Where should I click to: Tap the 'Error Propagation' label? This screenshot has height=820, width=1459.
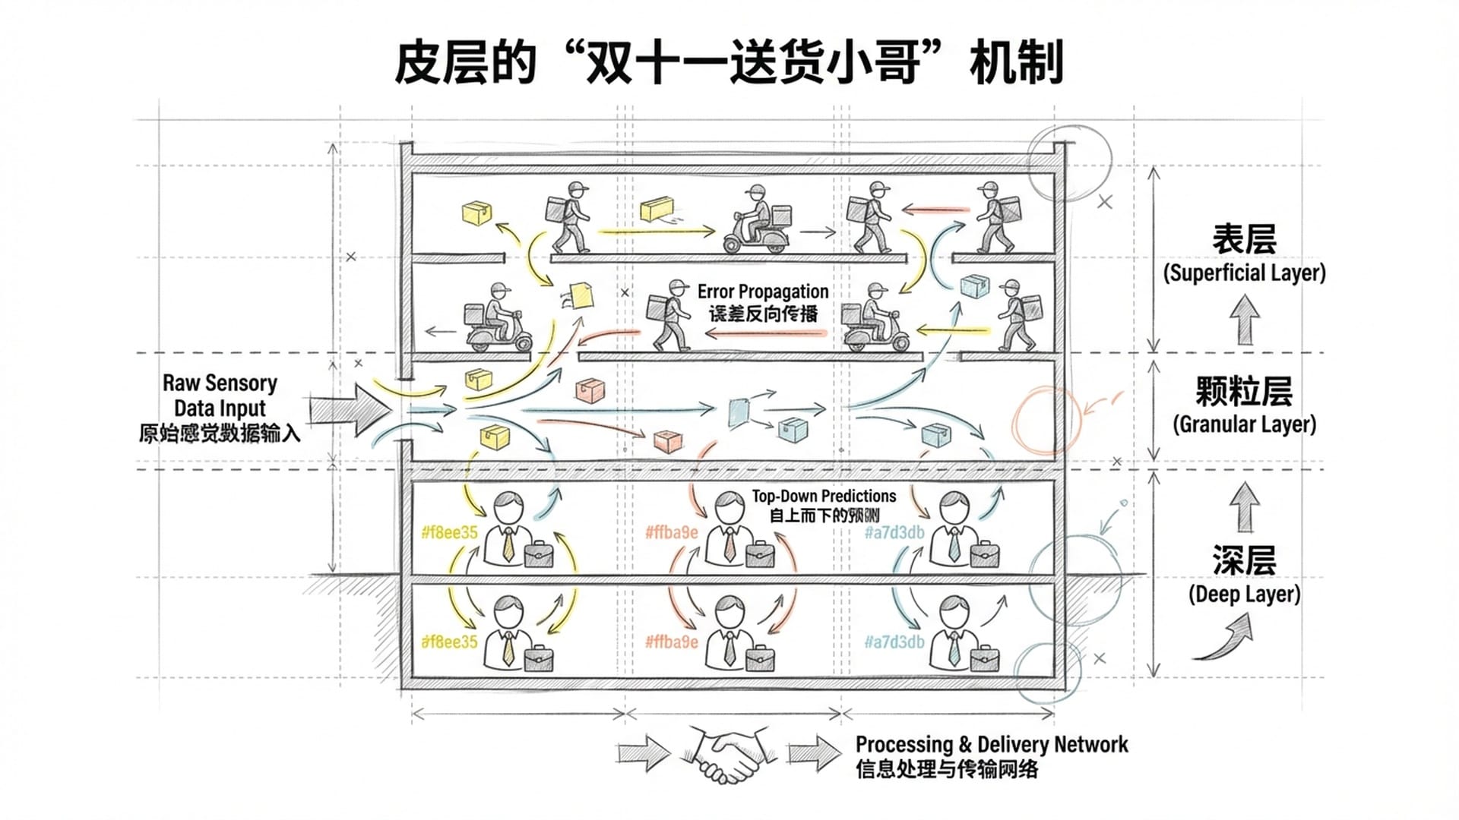(762, 292)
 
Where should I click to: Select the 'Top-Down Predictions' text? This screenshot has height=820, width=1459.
(824, 497)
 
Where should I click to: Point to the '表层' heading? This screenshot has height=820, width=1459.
(1244, 239)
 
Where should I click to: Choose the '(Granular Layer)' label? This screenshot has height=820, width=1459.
(1244, 424)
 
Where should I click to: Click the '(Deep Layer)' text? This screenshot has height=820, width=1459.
(1244, 594)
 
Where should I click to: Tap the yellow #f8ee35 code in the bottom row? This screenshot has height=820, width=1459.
(449, 642)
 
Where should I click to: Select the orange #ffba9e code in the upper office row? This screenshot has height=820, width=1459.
(671, 533)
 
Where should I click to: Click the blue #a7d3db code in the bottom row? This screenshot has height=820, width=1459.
(894, 642)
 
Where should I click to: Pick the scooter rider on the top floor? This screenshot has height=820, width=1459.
(755, 220)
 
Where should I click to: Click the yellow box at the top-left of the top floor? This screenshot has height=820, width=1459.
(476, 213)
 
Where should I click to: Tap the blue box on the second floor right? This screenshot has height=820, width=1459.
(973, 287)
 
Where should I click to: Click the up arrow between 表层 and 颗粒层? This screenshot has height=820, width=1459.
(1244, 319)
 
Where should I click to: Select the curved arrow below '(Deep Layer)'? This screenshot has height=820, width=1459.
(1225, 638)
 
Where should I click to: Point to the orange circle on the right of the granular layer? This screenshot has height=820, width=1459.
(1046, 420)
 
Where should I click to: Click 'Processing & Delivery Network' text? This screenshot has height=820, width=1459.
(991, 745)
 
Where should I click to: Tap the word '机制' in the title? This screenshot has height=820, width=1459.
(1016, 62)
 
